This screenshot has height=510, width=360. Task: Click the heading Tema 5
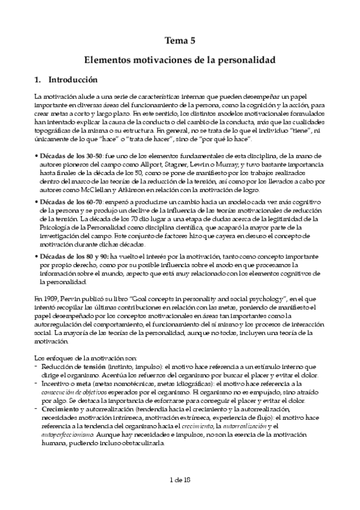tap(180, 41)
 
